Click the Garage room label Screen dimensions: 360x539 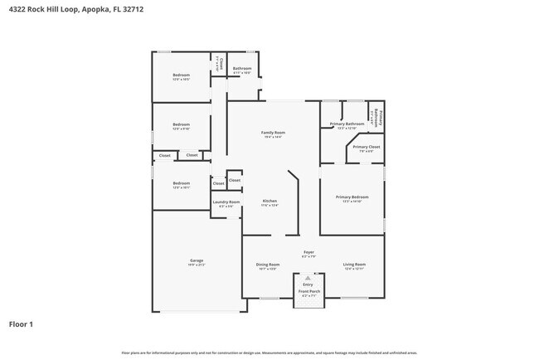point(197,260)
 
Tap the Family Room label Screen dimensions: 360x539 point(274,133)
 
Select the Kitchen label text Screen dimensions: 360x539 point(269,202)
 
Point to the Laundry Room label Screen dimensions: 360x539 point(226,202)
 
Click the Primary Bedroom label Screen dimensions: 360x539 point(352,197)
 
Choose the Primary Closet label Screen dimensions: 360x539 point(366,147)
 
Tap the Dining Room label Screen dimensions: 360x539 point(267,264)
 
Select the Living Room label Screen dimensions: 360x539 point(354,264)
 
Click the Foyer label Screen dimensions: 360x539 point(308,252)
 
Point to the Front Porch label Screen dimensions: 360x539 point(308,291)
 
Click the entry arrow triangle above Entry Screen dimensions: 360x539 point(308,278)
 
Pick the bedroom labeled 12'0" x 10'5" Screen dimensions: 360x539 point(181,75)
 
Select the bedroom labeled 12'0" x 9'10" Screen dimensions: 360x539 point(181,124)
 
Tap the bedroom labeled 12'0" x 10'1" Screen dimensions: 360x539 point(181,183)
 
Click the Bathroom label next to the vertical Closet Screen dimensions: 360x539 point(242,68)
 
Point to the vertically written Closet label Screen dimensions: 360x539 point(221,62)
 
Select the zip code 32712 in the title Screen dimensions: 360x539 point(144,9)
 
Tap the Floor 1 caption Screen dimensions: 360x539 point(21,324)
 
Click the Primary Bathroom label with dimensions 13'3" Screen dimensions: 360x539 point(346,124)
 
